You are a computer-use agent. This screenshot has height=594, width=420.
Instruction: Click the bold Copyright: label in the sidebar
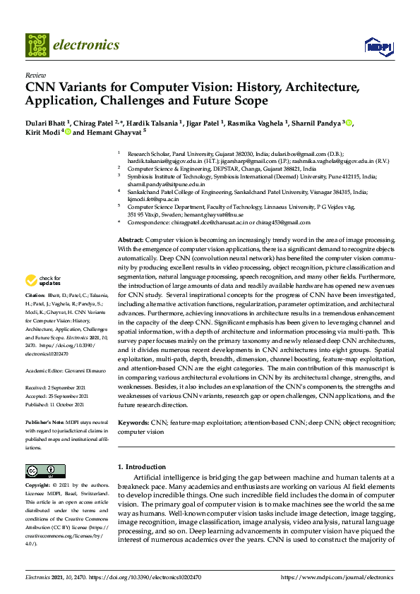tap(39, 486)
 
